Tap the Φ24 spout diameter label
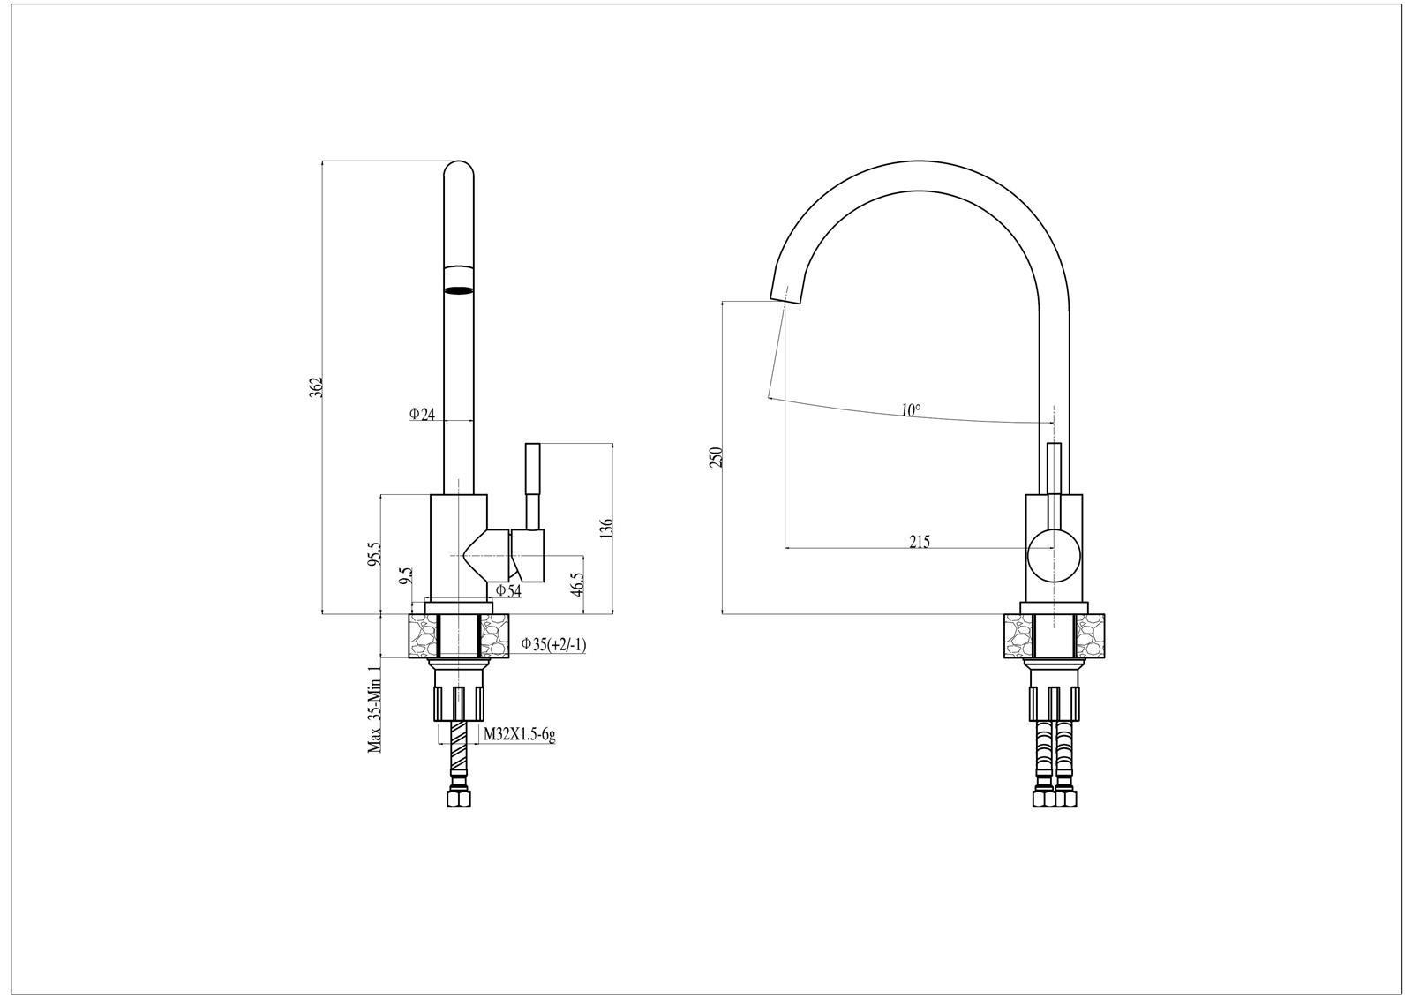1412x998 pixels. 422,414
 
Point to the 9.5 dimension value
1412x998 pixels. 407,575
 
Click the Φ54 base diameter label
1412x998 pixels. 508,590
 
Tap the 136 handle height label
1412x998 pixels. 606,528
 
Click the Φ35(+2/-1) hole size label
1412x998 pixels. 554,644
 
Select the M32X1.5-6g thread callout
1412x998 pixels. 520,734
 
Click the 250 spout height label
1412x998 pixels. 716,457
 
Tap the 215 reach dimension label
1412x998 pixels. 920,541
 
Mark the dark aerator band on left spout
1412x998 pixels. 458,290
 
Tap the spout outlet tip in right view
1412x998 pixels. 785,296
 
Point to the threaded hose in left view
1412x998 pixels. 458,757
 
